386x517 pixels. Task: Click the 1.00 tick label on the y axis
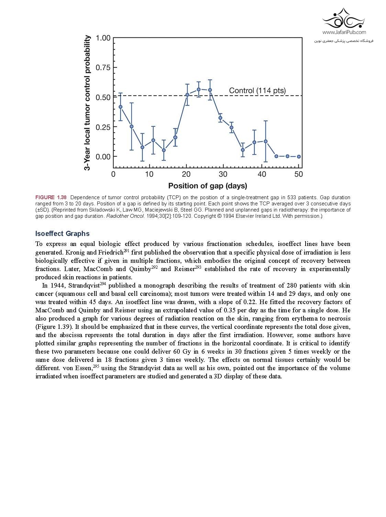click(x=103, y=38)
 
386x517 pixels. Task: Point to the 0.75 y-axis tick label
click(x=103, y=67)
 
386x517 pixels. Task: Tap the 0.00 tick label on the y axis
click(x=103, y=157)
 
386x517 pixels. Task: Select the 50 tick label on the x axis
click(x=299, y=174)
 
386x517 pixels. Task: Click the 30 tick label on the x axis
click(x=223, y=174)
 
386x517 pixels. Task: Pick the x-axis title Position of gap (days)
click(x=208, y=186)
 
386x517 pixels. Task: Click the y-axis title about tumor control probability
click(x=88, y=103)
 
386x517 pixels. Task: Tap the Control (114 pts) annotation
click(x=257, y=90)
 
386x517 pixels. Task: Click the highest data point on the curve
click(x=199, y=89)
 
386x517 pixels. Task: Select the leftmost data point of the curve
click(x=120, y=107)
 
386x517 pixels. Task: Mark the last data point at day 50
click(x=299, y=157)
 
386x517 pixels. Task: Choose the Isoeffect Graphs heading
click(x=62, y=234)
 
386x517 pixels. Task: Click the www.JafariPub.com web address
click(x=344, y=32)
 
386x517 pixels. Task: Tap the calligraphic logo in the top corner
click(x=344, y=19)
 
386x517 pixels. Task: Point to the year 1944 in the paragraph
click(x=57, y=286)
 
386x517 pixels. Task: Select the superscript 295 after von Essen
click(x=96, y=366)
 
